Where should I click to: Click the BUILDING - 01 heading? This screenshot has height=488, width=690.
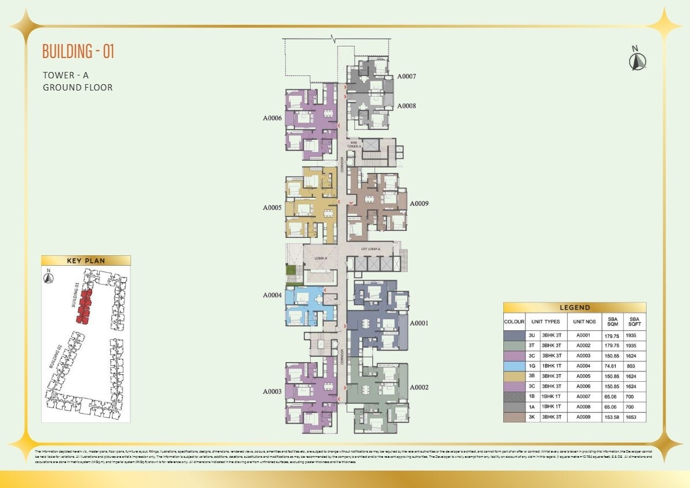click(x=78, y=51)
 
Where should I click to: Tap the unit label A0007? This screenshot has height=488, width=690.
click(x=406, y=77)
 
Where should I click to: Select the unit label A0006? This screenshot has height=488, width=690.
click(x=272, y=118)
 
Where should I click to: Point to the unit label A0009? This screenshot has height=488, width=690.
click(x=419, y=204)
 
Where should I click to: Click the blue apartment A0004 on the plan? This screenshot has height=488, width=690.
click(x=307, y=305)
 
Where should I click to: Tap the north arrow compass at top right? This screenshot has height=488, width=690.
click(x=638, y=59)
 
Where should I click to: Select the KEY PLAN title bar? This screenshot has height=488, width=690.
click(x=86, y=261)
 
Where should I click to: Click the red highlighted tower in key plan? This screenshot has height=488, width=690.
click(x=85, y=306)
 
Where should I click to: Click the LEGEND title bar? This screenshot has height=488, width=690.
click(x=574, y=308)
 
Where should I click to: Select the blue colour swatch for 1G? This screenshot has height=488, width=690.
click(x=514, y=366)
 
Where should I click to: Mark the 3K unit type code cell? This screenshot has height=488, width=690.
click(x=532, y=417)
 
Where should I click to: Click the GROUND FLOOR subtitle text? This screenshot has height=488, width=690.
click(x=78, y=88)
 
